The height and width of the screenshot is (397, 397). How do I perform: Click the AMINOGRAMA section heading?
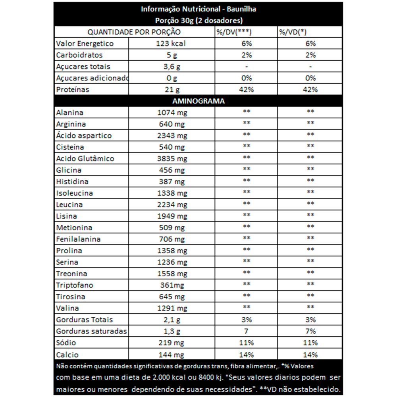(x=198, y=101)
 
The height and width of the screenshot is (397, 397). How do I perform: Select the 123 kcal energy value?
(x=171, y=44)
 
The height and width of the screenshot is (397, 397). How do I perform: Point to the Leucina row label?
(x=69, y=205)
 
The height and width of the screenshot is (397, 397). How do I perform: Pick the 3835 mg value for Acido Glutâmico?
(x=172, y=159)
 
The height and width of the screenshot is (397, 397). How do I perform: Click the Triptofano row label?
(x=75, y=285)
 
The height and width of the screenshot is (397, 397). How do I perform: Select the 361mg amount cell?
(x=171, y=285)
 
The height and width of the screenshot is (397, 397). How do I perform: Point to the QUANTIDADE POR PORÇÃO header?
(x=134, y=32)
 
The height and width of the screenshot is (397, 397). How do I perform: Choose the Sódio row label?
(x=66, y=343)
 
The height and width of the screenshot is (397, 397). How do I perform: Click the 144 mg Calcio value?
(x=171, y=355)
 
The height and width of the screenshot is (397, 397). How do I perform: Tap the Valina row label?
(x=67, y=308)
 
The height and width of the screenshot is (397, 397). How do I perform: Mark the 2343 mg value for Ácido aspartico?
(x=172, y=136)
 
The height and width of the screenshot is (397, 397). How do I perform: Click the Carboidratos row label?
(x=79, y=55)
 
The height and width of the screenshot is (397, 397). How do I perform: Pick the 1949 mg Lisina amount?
(x=172, y=216)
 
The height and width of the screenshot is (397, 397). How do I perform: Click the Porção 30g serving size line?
(x=198, y=21)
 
